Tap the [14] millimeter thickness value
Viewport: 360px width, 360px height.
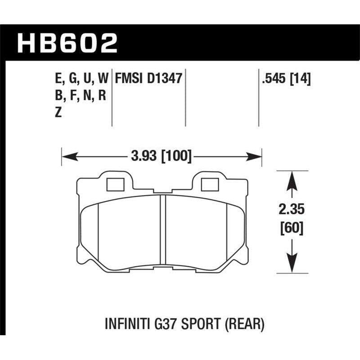point(301,79)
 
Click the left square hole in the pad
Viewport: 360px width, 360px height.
point(116,184)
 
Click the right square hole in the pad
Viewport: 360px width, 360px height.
point(208,184)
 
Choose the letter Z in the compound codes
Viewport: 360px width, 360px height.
point(57,113)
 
